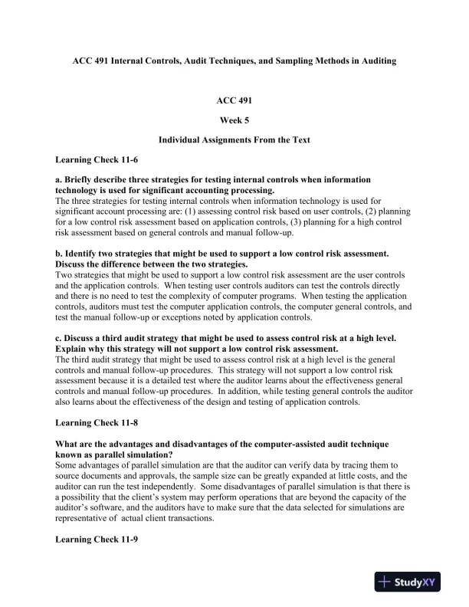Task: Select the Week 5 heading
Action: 235,120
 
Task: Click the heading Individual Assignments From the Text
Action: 235,140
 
